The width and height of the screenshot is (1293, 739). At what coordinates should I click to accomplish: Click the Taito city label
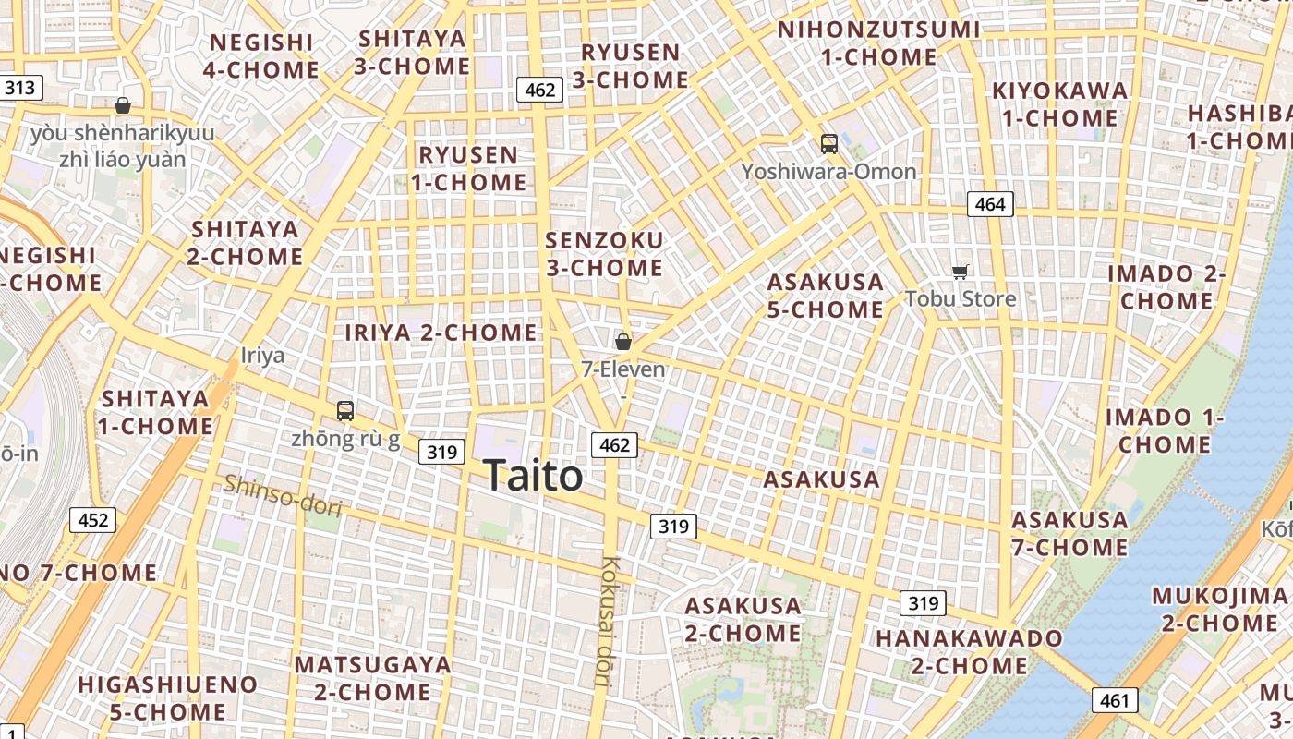(533, 476)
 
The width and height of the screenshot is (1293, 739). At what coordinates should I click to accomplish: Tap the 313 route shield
(20, 88)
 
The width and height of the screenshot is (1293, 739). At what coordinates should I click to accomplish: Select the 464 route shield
(989, 203)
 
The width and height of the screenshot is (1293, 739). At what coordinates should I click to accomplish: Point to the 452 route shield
(92, 520)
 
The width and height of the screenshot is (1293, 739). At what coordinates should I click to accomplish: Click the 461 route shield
(1115, 700)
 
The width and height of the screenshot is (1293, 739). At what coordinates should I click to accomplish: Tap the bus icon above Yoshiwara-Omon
(828, 144)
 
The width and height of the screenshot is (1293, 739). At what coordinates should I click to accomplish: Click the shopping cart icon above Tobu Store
(961, 272)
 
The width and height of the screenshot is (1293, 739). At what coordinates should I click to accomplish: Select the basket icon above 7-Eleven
(623, 342)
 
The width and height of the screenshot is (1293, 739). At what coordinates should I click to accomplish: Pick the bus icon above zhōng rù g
(345, 411)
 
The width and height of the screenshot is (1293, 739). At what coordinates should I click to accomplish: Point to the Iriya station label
(262, 356)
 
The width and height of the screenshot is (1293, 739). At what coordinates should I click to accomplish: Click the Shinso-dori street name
(283, 496)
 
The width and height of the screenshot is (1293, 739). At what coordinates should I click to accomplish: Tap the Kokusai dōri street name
(606, 622)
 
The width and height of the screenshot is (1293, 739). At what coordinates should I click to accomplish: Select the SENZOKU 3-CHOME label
(604, 254)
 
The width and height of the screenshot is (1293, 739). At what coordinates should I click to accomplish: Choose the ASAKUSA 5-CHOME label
(826, 296)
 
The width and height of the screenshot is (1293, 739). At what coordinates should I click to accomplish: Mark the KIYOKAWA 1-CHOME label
(1060, 104)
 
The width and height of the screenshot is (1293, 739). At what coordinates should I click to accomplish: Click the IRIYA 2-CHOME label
(441, 333)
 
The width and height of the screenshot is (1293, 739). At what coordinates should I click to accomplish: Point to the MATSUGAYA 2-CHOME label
(372, 678)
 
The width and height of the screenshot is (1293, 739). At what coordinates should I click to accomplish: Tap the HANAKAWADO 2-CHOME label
(969, 652)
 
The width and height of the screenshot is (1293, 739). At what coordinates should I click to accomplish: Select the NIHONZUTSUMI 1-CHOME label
(878, 42)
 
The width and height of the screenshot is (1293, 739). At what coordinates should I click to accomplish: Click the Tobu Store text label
(961, 298)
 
